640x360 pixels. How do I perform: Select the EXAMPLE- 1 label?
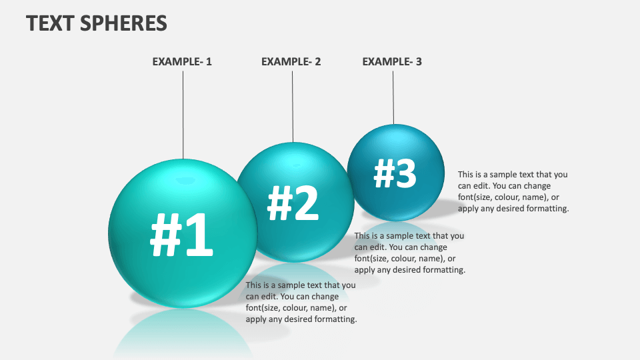tap(182, 62)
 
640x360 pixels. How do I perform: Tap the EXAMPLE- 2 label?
tap(291, 62)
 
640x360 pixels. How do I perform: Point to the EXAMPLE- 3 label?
tap(392, 62)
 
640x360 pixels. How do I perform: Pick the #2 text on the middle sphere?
tap(293, 203)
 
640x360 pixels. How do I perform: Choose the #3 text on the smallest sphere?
tap(395, 173)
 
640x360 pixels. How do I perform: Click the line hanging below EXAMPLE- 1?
tap(183, 113)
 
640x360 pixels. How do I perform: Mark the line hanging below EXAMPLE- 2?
tap(292, 107)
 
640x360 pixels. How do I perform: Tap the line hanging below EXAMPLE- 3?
tap(393, 97)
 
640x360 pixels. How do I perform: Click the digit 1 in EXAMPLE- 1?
tap(209, 62)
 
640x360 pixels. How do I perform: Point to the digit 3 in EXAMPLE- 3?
tap(419, 62)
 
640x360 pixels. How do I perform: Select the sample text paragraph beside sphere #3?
tap(513, 191)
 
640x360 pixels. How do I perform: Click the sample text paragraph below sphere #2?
tap(409, 253)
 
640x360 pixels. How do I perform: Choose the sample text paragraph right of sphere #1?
tap(301, 302)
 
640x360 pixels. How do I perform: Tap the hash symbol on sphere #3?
tap(384, 173)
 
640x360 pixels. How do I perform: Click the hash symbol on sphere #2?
tap(279, 203)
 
